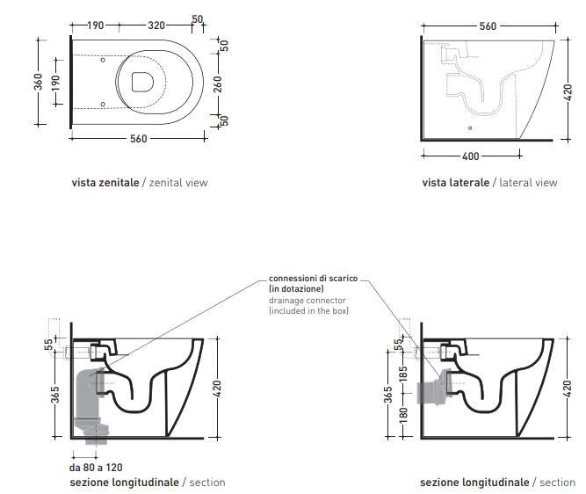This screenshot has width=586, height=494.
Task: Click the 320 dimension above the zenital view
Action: [156, 25]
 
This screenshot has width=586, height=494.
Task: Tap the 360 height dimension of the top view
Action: [38, 82]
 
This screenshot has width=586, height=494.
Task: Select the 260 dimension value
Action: [218, 84]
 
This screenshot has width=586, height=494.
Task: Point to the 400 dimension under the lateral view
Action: [471, 156]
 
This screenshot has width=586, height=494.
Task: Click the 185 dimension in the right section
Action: [403, 374]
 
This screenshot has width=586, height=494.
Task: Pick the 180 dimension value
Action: [403, 415]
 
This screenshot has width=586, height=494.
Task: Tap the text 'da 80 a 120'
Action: [96, 468]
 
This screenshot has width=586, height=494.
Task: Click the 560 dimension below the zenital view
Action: [138, 139]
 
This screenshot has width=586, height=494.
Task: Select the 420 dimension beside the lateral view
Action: [568, 92]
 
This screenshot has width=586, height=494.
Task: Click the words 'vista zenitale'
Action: [105, 183]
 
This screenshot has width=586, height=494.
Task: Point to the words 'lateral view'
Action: [528, 183]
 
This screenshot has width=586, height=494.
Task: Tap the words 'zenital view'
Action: [178, 183]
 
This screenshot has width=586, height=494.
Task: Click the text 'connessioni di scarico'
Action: [313, 279]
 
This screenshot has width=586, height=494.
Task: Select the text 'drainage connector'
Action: [307, 301]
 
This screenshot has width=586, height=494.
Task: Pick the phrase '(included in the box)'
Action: [308, 311]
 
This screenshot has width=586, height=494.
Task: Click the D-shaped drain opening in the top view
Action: [142, 82]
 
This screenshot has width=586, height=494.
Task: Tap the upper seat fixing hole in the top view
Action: [103, 60]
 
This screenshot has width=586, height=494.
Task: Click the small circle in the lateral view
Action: [470, 128]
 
